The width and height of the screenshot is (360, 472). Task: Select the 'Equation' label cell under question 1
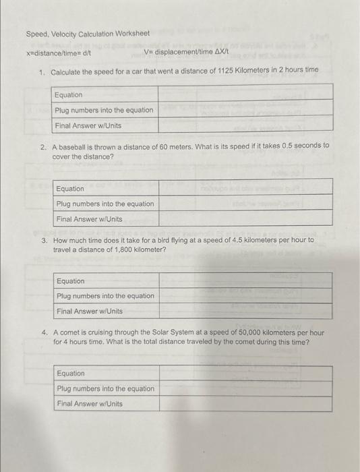click(68, 95)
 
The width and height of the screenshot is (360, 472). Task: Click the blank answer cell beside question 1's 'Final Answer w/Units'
click(245, 125)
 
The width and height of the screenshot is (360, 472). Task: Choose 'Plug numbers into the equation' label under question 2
click(104, 204)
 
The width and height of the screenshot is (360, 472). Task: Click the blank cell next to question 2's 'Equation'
click(245, 188)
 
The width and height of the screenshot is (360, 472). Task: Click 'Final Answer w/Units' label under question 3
click(89, 312)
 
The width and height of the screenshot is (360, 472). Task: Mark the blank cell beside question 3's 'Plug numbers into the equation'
click(245, 296)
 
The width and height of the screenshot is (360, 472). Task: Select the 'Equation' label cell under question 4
click(71, 374)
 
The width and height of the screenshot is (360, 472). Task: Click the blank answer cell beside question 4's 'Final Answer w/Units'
click(245, 404)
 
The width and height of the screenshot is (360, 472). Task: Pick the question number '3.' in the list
click(44, 239)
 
